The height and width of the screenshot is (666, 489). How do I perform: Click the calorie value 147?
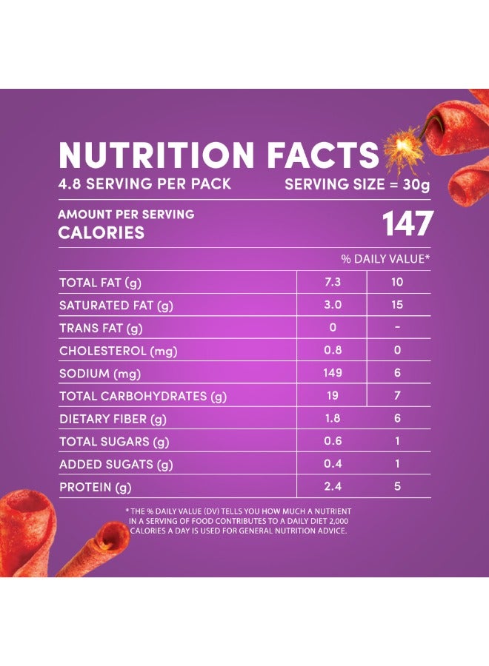tap(406, 224)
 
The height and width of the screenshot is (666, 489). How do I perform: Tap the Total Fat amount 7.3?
tap(333, 282)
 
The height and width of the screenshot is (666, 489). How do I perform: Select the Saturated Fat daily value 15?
tap(398, 305)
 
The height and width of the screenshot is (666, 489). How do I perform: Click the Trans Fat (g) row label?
tap(101, 328)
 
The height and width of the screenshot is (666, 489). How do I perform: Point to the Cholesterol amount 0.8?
tap(333, 351)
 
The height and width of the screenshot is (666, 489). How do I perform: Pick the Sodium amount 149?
tap(333, 373)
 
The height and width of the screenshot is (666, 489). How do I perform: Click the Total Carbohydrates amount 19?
tap(333, 396)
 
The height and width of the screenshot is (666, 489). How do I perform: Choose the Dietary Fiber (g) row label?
tap(113, 420)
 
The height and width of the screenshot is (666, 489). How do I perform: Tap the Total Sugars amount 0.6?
tap(333, 442)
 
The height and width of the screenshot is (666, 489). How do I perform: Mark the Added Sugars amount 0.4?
tap(333, 465)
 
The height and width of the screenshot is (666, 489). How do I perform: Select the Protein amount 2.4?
tap(333, 488)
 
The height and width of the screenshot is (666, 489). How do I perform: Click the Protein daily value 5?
tap(398, 488)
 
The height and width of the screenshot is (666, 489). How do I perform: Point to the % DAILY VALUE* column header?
tap(385, 259)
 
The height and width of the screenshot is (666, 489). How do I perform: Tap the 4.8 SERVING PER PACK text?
tap(145, 184)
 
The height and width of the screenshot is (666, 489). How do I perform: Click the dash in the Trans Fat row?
tap(398, 328)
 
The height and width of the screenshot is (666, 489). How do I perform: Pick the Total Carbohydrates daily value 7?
tap(398, 396)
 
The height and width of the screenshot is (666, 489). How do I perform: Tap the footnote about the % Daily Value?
tap(238, 521)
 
